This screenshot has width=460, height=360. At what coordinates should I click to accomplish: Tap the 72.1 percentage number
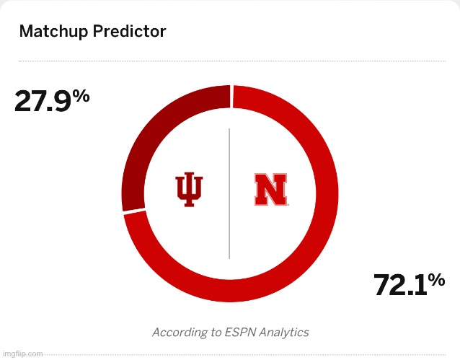click(400, 286)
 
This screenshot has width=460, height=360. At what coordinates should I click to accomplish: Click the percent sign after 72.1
click(436, 279)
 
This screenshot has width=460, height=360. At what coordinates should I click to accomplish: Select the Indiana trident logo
click(190, 190)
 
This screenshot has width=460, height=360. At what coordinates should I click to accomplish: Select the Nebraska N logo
click(270, 190)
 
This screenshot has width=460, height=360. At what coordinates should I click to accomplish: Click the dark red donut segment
click(155, 137)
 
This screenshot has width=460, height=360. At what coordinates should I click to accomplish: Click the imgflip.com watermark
click(22, 354)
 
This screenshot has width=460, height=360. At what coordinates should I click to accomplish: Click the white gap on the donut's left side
click(133, 211)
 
